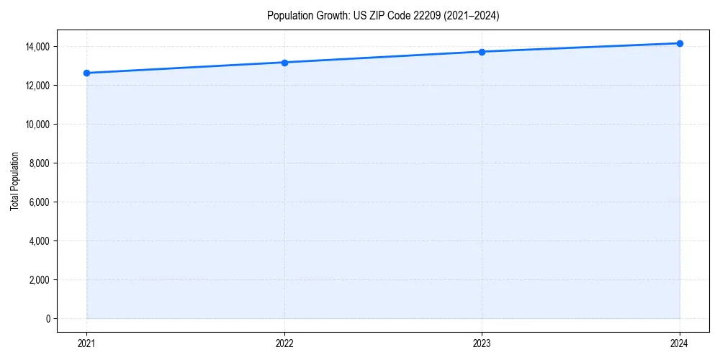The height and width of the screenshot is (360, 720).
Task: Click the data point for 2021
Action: coord(86,73)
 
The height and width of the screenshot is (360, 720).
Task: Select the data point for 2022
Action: coord(284,63)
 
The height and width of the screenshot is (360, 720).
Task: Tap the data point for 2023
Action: coord(482,52)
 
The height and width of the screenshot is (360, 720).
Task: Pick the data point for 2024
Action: coord(680,43)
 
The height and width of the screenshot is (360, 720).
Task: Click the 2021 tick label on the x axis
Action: coord(86,343)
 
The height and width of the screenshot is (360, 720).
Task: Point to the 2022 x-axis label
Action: coord(284,343)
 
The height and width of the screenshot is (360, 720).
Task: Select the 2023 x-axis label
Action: coord(482,343)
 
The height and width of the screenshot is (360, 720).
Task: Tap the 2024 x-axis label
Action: coord(680,343)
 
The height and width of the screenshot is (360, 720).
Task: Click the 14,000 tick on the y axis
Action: coord(37,47)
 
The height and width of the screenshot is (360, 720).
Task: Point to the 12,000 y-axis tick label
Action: coord(37,86)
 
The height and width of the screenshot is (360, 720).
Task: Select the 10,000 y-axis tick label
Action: coord(37,125)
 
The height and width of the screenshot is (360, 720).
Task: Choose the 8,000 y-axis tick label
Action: coord(39,163)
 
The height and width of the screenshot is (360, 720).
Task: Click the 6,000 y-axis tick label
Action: coord(39,202)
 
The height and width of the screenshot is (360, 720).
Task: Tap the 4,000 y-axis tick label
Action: coord(39,241)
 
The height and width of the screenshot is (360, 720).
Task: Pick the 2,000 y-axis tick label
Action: coord(39,280)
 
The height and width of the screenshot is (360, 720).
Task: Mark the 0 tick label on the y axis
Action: coord(48,319)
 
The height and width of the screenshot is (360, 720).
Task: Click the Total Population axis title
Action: coord(14,181)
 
